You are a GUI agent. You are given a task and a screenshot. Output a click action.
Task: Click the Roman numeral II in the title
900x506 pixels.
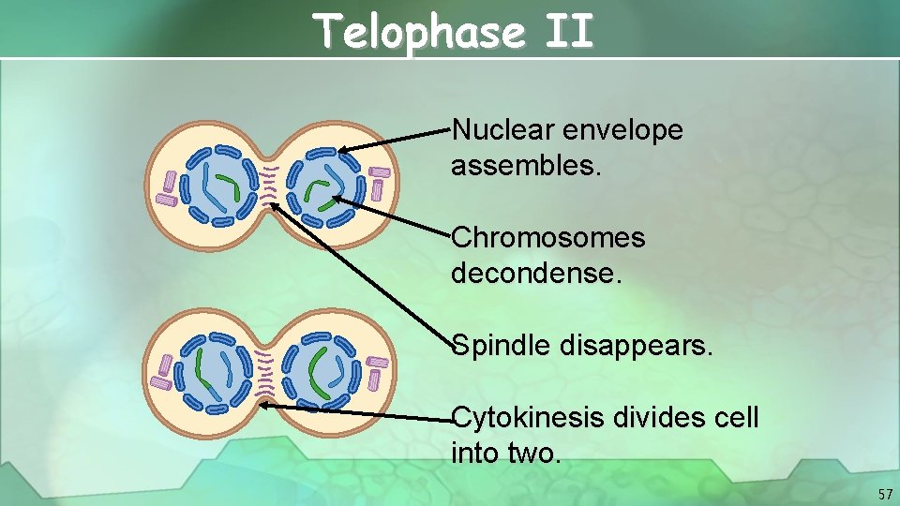pyautogui.click(x=567, y=34)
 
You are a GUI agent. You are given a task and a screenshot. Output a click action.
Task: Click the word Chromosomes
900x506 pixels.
pyautogui.click(x=548, y=238)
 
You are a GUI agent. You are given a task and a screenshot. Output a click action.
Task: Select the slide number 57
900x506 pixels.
pyautogui.click(x=884, y=494)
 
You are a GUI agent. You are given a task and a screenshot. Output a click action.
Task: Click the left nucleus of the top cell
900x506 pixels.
pyautogui.click(x=219, y=185)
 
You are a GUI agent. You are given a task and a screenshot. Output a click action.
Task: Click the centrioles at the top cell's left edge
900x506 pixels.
pyautogui.click(x=168, y=189)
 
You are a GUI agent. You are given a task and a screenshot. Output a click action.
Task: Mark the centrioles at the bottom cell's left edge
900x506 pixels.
pyautogui.click(x=163, y=372)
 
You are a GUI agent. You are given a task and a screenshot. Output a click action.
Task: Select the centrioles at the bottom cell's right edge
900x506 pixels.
pyautogui.click(x=377, y=371)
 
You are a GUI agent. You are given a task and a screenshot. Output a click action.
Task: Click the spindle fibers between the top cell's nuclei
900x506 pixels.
pyautogui.click(x=271, y=184)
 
